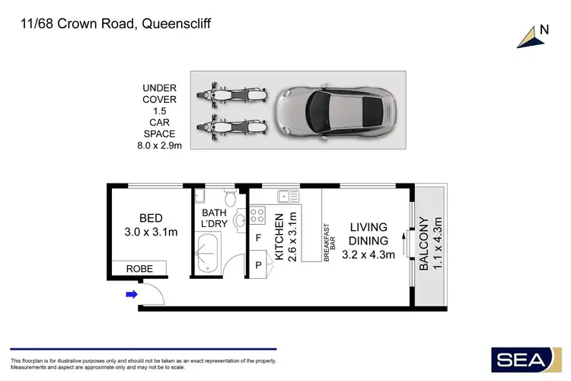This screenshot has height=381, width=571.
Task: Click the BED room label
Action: pyautogui.click(x=151, y=218)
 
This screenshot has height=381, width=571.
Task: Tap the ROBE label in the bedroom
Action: pyautogui.click(x=139, y=268)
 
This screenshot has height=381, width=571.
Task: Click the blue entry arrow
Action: pyautogui.click(x=132, y=294)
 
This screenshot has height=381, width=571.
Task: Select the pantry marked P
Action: pyautogui.click(x=259, y=266)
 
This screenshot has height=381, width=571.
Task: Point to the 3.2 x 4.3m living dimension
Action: pyautogui.click(x=368, y=255)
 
